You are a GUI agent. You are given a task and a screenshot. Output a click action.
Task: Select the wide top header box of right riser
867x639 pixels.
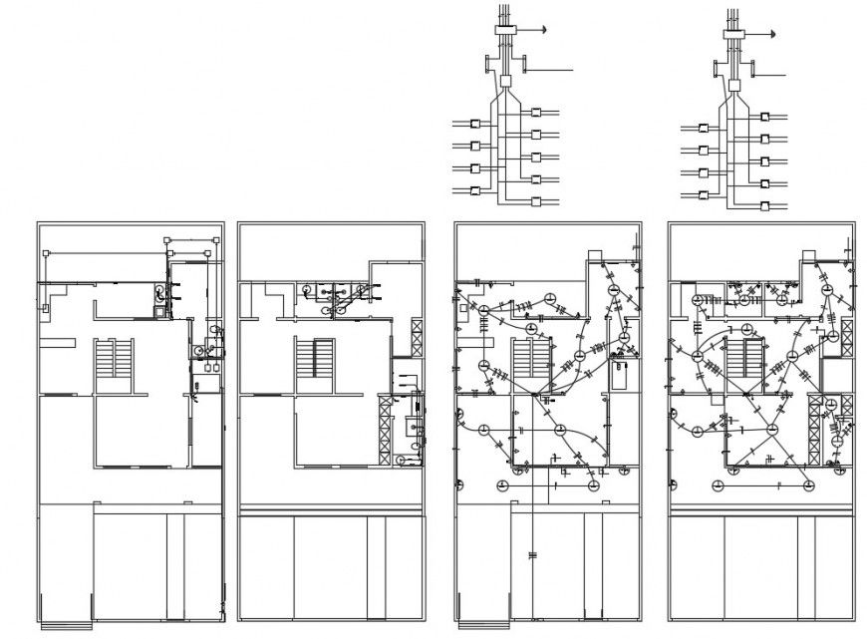coord(734,34)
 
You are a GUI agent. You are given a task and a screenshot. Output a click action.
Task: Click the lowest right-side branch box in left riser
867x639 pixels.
coord(536,201)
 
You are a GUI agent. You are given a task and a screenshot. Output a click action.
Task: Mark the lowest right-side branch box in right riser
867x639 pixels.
coord(765,204)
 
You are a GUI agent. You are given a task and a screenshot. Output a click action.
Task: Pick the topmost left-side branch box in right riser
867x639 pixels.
coord(704,129)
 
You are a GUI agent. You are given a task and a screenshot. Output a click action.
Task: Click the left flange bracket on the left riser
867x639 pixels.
coord(487,65)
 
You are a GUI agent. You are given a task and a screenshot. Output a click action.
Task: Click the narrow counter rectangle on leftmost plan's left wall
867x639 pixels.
coord(58,341)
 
